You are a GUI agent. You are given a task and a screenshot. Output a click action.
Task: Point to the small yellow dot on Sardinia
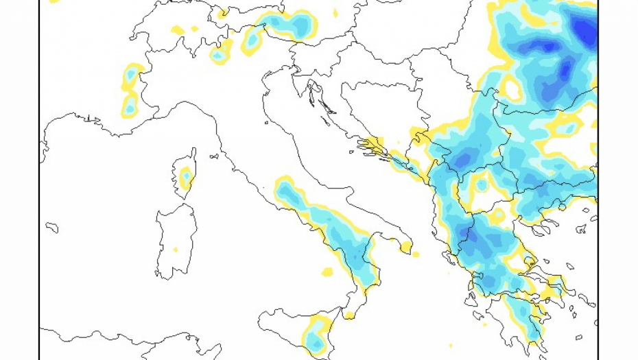(x=176, y=250)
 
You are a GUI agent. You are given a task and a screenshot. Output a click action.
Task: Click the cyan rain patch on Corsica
(x=185, y=178)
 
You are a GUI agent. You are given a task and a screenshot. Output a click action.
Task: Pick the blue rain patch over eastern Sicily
(x=315, y=339)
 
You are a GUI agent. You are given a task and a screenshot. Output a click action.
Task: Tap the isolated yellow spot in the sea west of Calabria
(x=327, y=272)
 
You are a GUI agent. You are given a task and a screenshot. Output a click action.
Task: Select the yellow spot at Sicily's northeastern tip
(x=349, y=315)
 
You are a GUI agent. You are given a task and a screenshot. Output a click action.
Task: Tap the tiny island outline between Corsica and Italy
(x=214, y=156)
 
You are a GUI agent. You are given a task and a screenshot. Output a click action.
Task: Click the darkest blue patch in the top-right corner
(x=585, y=30)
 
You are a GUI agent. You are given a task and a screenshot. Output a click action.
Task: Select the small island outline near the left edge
(x=51, y=227)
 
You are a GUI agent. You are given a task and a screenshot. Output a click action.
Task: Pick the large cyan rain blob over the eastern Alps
(x=292, y=25)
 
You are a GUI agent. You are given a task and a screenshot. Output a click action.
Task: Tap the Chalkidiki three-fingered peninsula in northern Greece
(x=549, y=226)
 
